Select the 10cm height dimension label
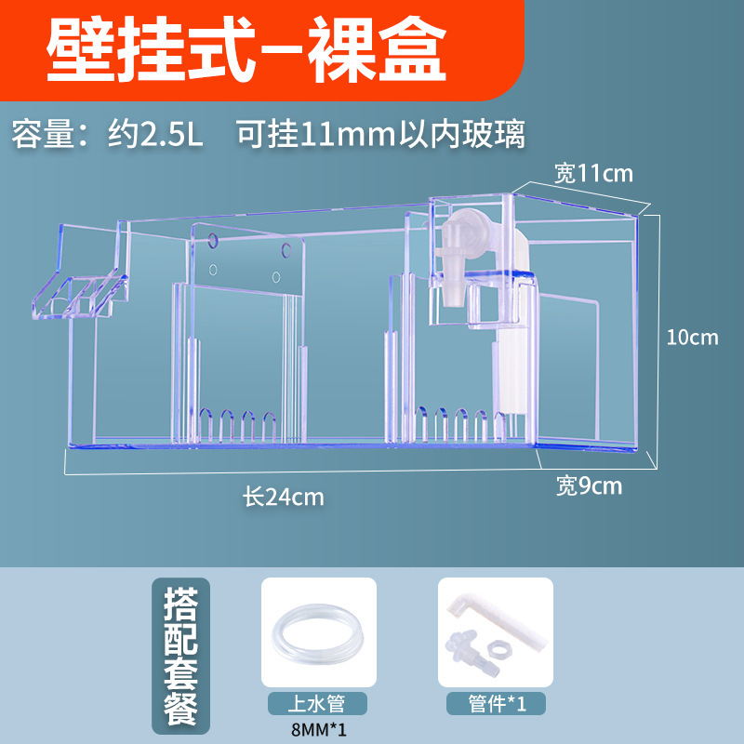[693, 337]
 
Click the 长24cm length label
[284, 497]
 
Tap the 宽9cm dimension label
[590, 485]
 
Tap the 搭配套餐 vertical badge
[183, 656]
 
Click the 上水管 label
[318, 703]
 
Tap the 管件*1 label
[495, 703]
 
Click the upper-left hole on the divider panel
[214, 241]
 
